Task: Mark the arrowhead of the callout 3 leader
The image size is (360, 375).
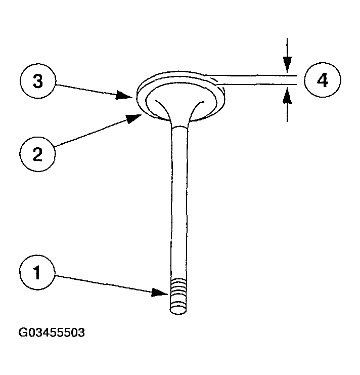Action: (x=132, y=95)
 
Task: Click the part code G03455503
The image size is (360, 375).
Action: (x=51, y=333)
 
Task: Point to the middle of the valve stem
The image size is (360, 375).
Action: (x=179, y=202)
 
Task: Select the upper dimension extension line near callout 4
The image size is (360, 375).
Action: (x=253, y=75)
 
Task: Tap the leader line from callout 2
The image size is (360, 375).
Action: (x=91, y=134)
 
